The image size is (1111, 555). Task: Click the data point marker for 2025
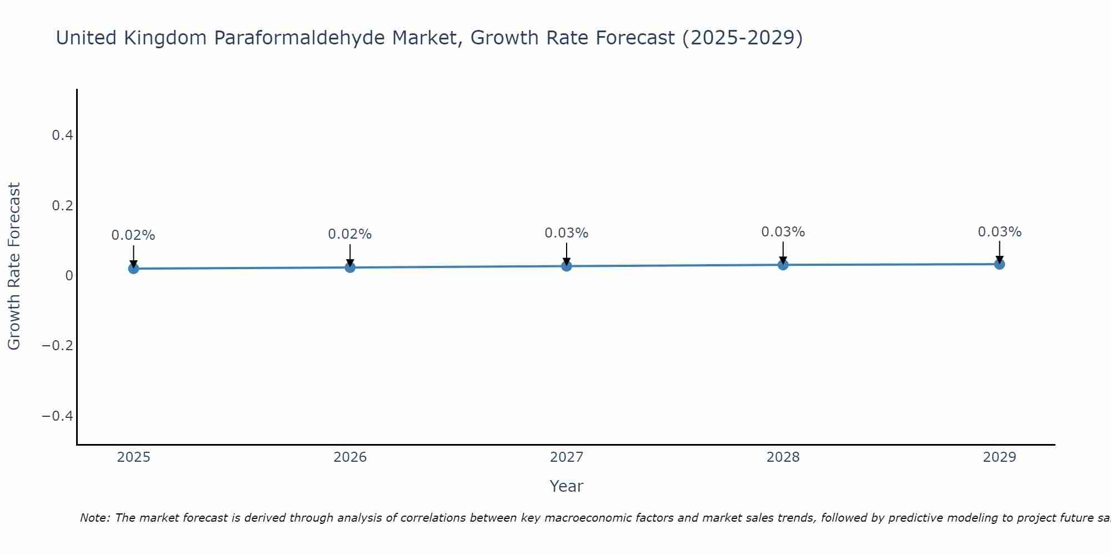click(x=133, y=269)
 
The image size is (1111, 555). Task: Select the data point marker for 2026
click(x=350, y=268)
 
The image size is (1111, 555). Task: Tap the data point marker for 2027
click(x=567, y=266)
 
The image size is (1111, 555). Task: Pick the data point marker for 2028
click(x=783, y=265)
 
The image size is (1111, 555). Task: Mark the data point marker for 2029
click(x=999, y=264)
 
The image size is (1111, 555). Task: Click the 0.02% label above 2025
click(x=133, y=235)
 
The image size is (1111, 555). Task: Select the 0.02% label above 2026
click(x=350, y=234)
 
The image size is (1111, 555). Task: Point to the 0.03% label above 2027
click(x=567, y=233)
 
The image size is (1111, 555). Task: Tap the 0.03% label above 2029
click(x=999, y=232)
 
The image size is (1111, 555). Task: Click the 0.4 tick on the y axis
click(x=62, y=135)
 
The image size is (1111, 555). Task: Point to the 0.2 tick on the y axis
click(x=62, y=206)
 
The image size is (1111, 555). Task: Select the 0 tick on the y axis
click(x=69, y=276)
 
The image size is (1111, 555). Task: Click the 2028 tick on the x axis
click(x=783, y=457)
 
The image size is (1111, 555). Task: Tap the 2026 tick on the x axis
click(x=350, y=457)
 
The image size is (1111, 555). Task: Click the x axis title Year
click(x=566, y=487)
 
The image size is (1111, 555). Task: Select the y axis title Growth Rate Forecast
click(x=14, y=266)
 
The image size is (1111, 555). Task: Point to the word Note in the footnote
click(x=94, y=518)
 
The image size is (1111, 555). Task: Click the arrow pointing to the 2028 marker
click(x=783, y=253)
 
